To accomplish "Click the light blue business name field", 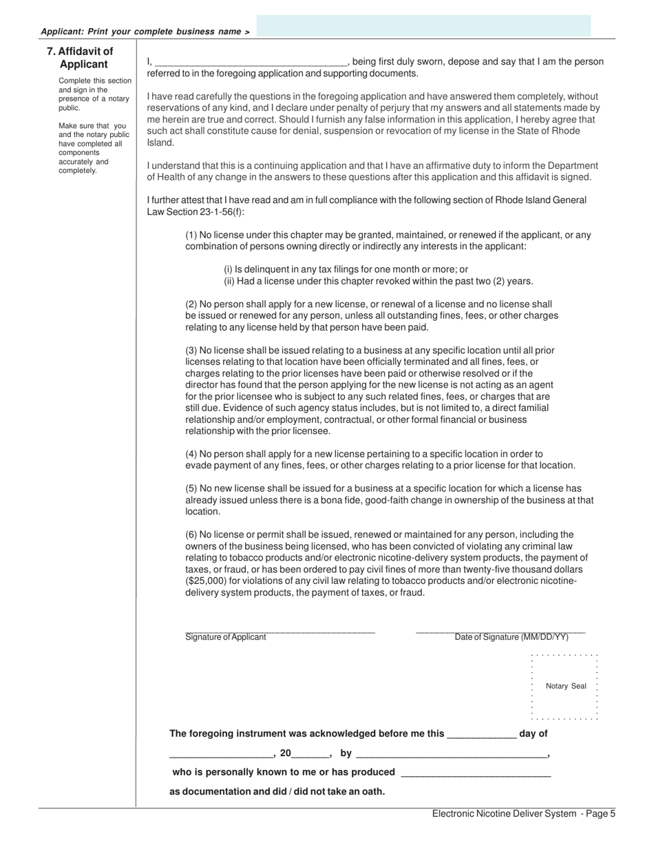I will (423, 25).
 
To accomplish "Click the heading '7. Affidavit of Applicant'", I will (80, 58).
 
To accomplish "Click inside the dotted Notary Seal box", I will (565, 686).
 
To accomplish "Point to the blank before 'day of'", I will (481, 735).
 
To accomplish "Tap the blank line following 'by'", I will (451, 754).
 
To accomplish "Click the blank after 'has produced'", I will (475, 773).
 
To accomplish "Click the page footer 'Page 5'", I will (598, 814).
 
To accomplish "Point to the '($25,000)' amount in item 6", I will (207, 581).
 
